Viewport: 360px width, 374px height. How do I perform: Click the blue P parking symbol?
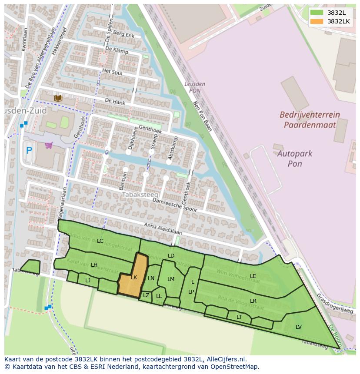pyautogui.click(x=29, y=151)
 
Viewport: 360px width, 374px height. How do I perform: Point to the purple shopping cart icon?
pyautogui.click(x=49, y=145)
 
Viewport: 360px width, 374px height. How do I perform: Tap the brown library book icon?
pyautogui.click(x=58, y=98)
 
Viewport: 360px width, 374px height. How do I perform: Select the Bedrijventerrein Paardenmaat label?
pyautogui.click(x=310, y=120)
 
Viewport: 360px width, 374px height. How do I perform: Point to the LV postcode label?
pyautogui.click(x=299, y=327)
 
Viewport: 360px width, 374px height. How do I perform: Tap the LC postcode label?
pyautogui.click(x=100, y=241)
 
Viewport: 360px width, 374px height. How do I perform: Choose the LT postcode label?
pyautogui.click(x=239, y=317)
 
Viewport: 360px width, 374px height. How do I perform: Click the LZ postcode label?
pyautogui.click(x=146, y=295)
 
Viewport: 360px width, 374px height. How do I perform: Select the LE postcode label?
pyautogui.click(x=253, y=276)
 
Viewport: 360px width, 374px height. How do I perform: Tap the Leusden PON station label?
pyautogui.click(x=194, y=87)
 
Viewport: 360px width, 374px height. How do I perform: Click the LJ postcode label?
pyautogui.click(x=88, y=280)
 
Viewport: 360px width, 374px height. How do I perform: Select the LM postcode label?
pyautogui.click(x=171, y=279)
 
